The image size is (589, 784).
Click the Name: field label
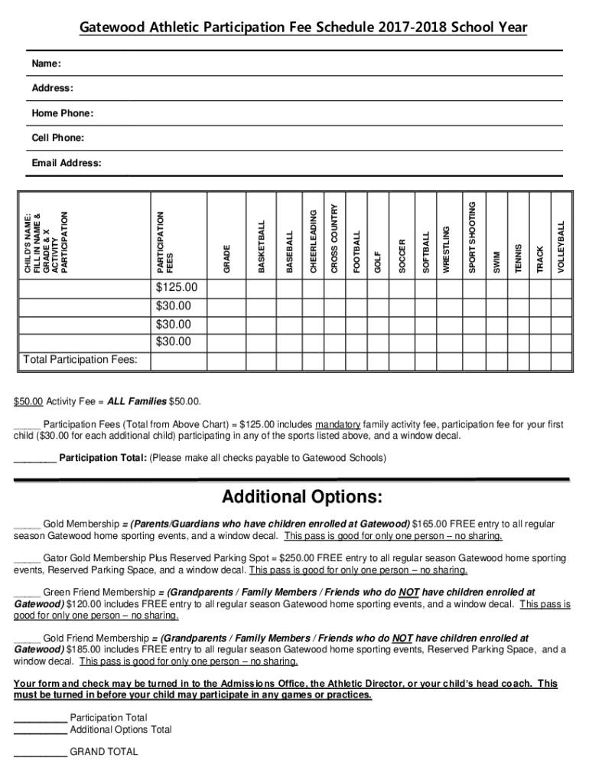[46, 64]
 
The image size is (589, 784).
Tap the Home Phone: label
[63, 113]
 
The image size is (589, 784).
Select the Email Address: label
[67, 163]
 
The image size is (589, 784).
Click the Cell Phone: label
[58, 138]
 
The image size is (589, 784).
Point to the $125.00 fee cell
[176, 288]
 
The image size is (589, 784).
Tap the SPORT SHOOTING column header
[472, 237]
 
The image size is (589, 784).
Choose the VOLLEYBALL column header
[561, 247]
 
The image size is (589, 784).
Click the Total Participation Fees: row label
[80, 359]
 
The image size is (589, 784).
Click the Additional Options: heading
[301, 498]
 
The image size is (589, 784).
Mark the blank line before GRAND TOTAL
[40, 752]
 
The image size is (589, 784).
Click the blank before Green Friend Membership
[27, 592]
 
